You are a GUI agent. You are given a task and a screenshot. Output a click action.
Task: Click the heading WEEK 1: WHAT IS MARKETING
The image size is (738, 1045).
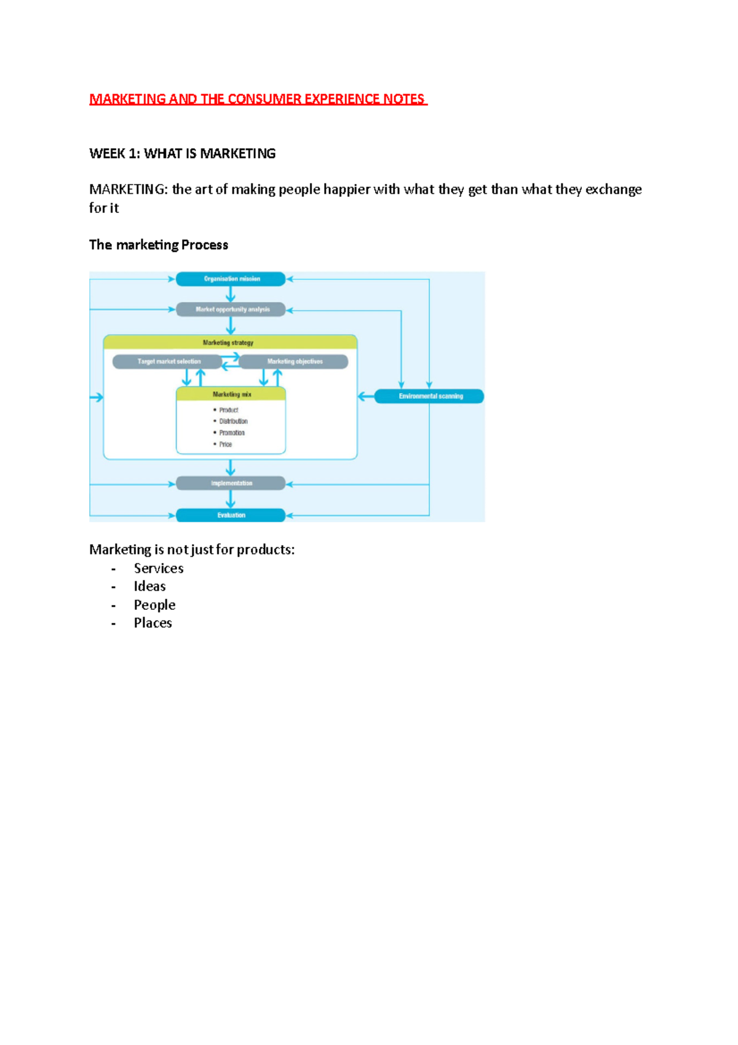point(182,154)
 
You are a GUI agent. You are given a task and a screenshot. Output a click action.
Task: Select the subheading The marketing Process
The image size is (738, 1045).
point(158,245)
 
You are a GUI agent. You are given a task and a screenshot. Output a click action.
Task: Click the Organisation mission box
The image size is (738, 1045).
point(231,279)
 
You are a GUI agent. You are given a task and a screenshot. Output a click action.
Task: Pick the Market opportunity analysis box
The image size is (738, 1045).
point(231,310)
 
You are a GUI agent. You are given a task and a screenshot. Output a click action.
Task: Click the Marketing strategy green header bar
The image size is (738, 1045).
point(229,342)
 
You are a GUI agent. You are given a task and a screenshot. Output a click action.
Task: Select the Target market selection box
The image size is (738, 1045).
point(167,361)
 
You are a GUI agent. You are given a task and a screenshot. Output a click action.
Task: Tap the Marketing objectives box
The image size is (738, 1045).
point(294,361)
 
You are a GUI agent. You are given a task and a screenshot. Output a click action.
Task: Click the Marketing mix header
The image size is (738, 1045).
point(231,394)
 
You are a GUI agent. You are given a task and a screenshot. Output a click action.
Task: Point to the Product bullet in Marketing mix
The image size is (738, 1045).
point(228,410)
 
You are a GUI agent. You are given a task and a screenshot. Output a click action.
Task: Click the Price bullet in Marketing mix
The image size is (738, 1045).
point(225,444)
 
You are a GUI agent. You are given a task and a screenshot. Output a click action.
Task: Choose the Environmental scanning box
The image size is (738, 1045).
point(429,396)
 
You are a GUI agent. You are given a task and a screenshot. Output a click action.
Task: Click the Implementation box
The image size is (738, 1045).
point(231,483)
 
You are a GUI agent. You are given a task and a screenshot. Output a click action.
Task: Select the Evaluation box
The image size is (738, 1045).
point(231,515)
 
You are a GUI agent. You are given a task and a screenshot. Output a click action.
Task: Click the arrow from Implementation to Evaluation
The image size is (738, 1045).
point(231,499)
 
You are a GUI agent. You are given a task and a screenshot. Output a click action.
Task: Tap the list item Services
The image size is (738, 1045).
point(159,569)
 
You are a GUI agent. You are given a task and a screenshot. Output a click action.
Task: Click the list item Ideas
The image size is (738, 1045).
point(149,587)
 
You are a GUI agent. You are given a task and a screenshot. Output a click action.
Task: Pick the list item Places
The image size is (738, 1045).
point(153,623)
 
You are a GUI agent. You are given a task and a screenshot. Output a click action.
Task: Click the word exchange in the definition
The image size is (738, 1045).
point(613,190)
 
